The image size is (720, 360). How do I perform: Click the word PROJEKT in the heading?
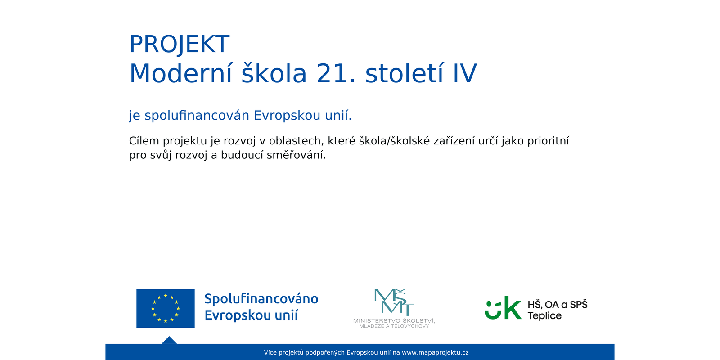[180, 45]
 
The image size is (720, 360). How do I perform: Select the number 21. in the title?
[336, 74]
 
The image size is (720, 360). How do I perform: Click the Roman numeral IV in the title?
[465, 74]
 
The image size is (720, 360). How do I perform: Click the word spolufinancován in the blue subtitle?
[197, 115]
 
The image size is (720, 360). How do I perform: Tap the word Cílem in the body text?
[144, 141]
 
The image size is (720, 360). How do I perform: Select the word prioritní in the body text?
[549, 141]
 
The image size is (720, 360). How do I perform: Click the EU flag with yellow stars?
[166, 308]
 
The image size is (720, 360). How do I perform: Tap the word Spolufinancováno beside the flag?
[261, 299]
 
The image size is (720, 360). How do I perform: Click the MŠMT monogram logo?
[394, 302]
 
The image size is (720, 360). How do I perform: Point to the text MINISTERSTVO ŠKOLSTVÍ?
[394, 320]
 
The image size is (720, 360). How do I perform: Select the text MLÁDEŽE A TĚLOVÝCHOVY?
[394, 326]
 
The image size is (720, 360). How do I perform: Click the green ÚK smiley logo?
[503, 308]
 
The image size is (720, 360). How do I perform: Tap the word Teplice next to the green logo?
[544, 315]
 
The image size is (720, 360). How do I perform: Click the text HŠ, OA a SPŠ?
[558, 304]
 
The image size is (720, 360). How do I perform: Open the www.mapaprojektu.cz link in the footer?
[435, 353]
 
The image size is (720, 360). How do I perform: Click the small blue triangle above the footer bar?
[169, 341]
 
